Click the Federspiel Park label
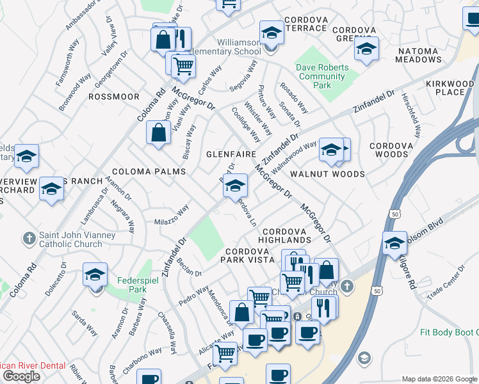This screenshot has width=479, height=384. coord(133,285)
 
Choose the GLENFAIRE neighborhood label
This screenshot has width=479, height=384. coord(231,155)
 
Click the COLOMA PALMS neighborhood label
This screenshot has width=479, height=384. coord(149,172)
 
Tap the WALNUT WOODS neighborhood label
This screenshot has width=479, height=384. coord(327,174)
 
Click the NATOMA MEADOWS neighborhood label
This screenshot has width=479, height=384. coord(428,55)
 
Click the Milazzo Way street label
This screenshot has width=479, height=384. coord(171,214)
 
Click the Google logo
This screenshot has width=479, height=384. coord(21,376)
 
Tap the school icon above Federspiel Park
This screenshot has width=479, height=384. coord(95,276)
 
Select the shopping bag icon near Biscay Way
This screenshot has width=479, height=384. coord(158,134)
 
